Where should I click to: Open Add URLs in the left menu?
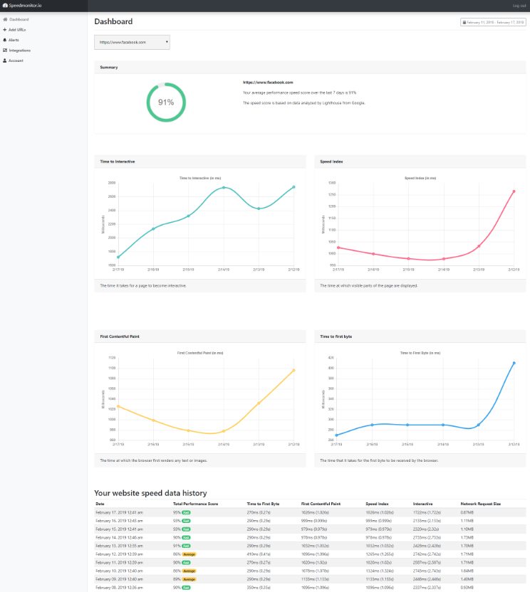tap(16, 30)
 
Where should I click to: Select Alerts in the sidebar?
tap(14, 40)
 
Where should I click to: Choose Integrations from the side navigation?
tap(19, 51)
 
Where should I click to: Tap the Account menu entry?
tap(16, 60)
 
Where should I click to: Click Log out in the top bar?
tap(519, 6)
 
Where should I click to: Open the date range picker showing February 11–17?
tap(494, 23)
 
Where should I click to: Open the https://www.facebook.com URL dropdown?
tap(132, 43)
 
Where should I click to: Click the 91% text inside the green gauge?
tap(166, 102)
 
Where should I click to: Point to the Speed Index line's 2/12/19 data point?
tap(513, 191)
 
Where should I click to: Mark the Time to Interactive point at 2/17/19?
tap(118, 258)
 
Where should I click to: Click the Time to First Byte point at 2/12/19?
tap(513, 363)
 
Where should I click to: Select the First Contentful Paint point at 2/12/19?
tap(293, 370)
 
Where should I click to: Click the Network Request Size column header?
tap(482, 504)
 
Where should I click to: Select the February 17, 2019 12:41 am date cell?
tap(120, 512)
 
